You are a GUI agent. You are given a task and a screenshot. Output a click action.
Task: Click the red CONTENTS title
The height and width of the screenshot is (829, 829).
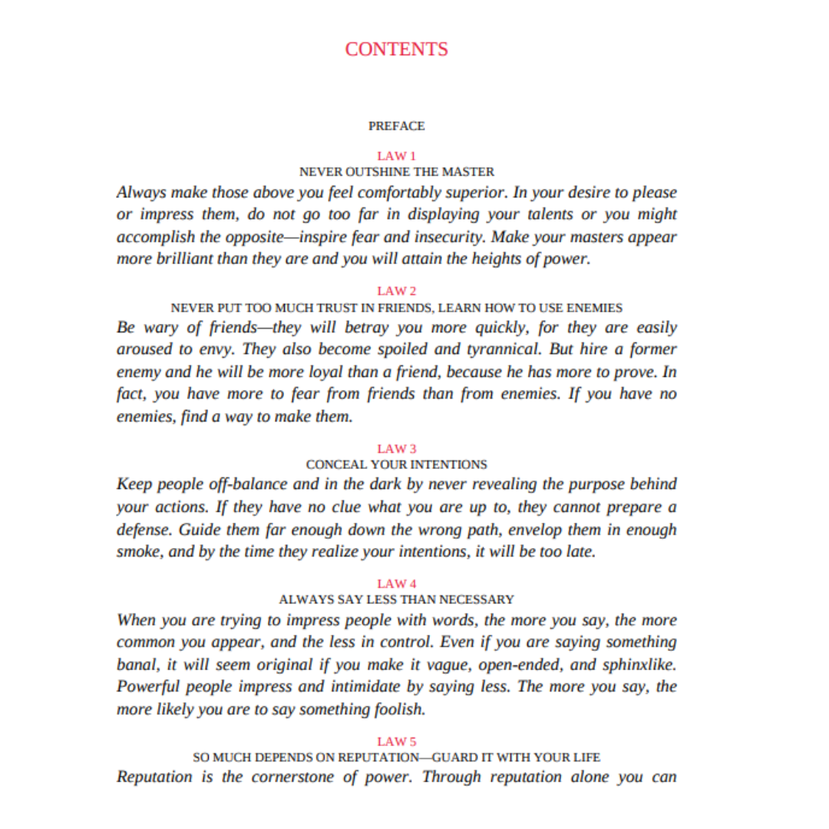tap(396, 49)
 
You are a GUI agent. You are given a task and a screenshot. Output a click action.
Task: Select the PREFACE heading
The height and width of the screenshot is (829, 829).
tap(396, 125)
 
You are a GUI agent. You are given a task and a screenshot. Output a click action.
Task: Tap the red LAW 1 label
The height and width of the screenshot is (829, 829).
tap(396, 156)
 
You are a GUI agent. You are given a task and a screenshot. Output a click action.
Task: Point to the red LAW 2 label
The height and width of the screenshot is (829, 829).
tap(396, 291)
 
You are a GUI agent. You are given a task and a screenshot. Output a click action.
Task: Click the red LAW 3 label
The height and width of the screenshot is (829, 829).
tap(396, 448)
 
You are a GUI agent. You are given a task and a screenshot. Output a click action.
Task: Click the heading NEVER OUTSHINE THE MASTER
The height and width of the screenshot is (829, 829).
tap(396, 171)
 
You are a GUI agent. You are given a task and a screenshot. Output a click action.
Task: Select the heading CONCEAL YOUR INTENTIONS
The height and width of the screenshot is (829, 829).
tap(396, 464)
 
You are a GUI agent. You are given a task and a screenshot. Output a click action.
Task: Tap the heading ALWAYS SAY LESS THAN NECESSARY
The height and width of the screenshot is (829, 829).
tap(396, 599)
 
